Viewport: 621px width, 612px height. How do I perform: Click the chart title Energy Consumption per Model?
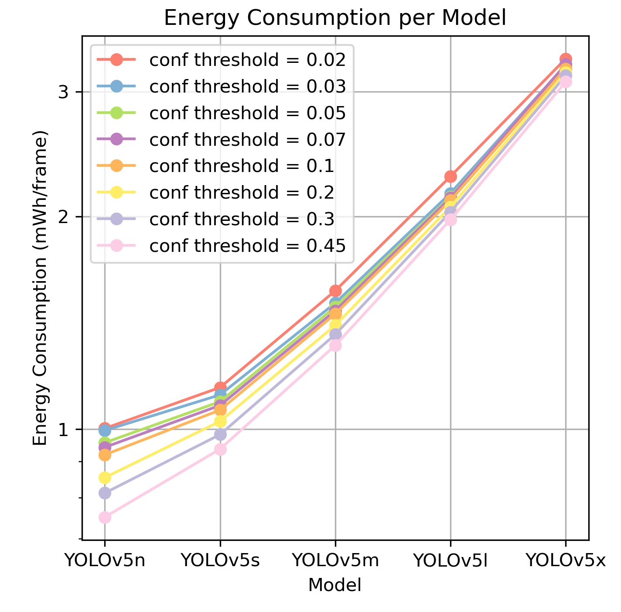[x=335, y=18]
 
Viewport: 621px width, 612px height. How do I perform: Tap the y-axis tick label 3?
[x=64, y=92]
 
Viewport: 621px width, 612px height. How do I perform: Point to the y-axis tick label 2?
[x=64, y=217]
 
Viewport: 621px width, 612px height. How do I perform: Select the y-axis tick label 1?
[x=64, y=430]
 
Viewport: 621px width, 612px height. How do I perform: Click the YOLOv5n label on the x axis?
[x=105, y=560]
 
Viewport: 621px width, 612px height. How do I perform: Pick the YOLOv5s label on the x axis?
[x=220, y=560]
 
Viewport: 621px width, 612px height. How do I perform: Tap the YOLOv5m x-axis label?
[x=335, y=560]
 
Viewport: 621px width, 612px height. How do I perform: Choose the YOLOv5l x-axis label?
[x=450, y=560]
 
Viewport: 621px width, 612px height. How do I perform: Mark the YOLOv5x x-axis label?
[x=566, y=560]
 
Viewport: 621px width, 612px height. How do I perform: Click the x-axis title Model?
[x=335, y=585]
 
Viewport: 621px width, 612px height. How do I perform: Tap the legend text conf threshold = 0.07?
[x=248, y=140]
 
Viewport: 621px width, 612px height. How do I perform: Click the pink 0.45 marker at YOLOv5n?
[x=105, y=518]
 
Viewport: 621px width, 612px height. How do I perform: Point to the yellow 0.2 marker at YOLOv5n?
[x=105, y=478]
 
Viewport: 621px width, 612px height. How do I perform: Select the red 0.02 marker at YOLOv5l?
[x=450, y=176]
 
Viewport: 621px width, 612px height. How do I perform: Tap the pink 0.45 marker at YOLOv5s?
[x=220, y=450]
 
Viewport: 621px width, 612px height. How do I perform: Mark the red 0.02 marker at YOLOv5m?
[x=335, y=291]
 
